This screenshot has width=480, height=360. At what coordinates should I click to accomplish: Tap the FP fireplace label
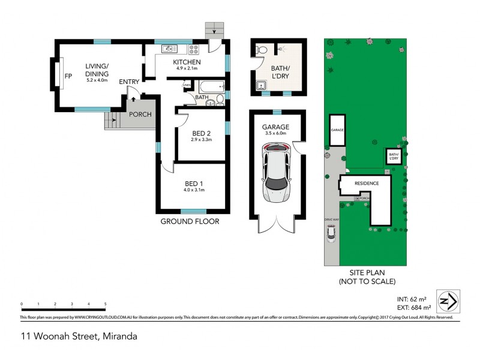[x=68, y=77]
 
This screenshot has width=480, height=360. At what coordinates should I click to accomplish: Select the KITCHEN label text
[x=187, y=62]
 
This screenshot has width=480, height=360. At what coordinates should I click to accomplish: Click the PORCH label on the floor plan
[x=140, y=115]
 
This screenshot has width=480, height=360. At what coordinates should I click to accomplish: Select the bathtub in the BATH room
[x=211, y=88]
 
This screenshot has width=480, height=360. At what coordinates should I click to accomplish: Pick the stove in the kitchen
[x=195, y=49]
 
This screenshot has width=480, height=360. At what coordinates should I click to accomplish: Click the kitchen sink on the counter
[x=167, y=49]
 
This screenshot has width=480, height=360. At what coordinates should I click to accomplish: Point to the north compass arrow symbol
[x=449, y=300]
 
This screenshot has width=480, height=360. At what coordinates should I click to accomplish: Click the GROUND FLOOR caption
[x=190, y=221]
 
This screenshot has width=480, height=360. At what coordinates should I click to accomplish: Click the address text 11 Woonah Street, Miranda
[x=78, y=336]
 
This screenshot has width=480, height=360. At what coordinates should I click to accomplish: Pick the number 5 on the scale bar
[x=106, y=304]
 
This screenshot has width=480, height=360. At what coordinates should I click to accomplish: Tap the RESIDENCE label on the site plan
[x=367, y=183]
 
